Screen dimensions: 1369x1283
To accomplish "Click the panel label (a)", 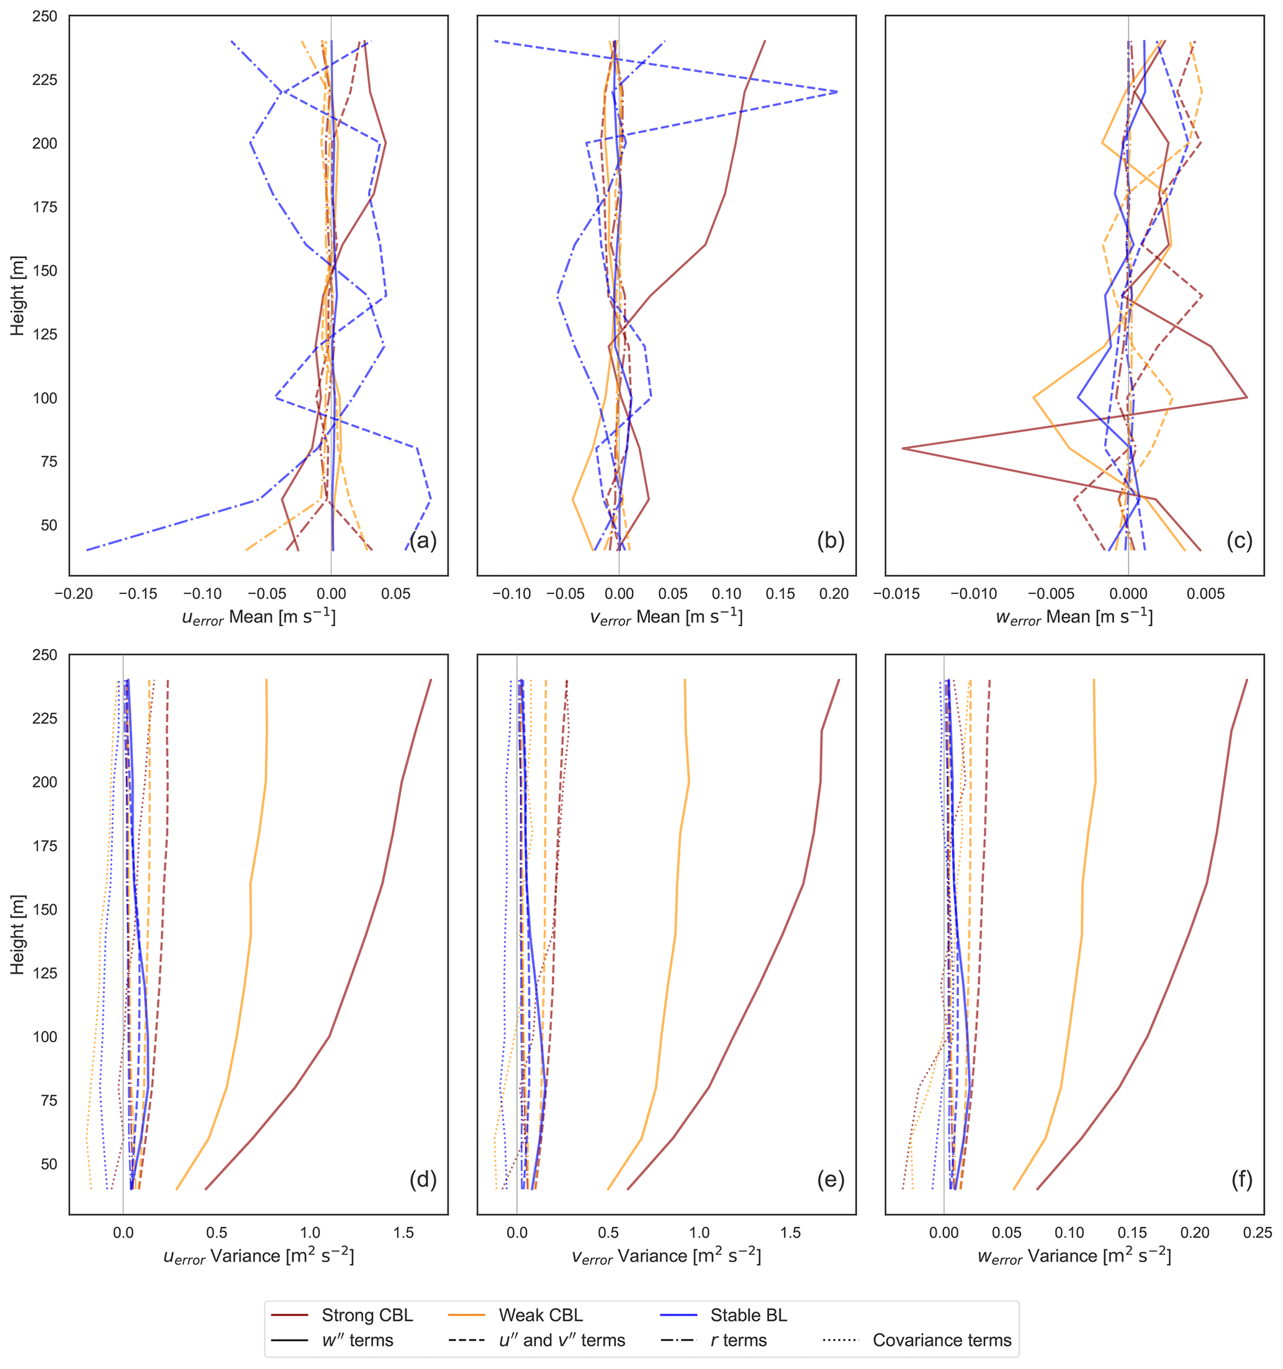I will tap(423, 541).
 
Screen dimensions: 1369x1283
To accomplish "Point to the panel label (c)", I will tap(1239, 541).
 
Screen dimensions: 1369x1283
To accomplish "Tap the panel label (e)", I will tap(831, 1180).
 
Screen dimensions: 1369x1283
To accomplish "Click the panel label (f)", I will tap(1241, 1180).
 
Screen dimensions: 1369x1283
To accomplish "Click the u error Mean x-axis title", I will tap(258, 617).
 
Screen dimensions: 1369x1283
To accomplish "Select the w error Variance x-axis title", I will tap(1074, 1256).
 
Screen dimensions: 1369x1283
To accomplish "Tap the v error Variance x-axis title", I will tap(666, 1256).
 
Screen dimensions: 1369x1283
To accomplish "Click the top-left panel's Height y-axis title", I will tap(17, 295).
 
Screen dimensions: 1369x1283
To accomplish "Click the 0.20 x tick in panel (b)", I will tap(834, 594).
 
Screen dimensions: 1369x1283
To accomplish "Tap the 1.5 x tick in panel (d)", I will tap(403, 1232).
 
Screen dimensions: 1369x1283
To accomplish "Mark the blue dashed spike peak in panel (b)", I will tap(837, 92).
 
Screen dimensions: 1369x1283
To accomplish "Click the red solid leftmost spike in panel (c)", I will tap(903, 448).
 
